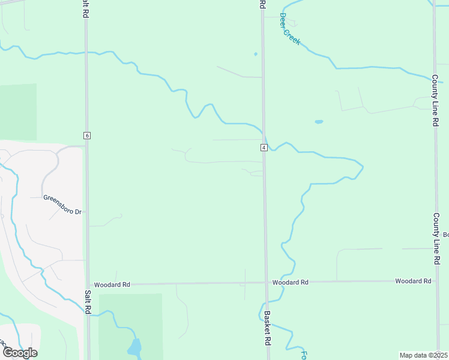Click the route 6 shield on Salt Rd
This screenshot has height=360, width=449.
tap(87, 136)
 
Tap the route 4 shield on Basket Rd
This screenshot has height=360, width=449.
tap(264, 148)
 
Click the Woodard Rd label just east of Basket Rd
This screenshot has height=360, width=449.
tap(290, 282)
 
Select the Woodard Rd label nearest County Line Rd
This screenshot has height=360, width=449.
tap(413, 281)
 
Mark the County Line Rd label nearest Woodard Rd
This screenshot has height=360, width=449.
tap(436, 239)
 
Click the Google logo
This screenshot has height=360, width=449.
tap(19, 352)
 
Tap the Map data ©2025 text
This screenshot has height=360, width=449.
tap(423, 355)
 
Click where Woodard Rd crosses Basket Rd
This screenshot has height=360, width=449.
tap(265, 282)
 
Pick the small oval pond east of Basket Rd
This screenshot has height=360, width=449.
tap(319, 122)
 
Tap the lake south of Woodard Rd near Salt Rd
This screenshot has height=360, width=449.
tap(134, 347)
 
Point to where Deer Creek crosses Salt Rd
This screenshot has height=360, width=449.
tap(86, 53)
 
